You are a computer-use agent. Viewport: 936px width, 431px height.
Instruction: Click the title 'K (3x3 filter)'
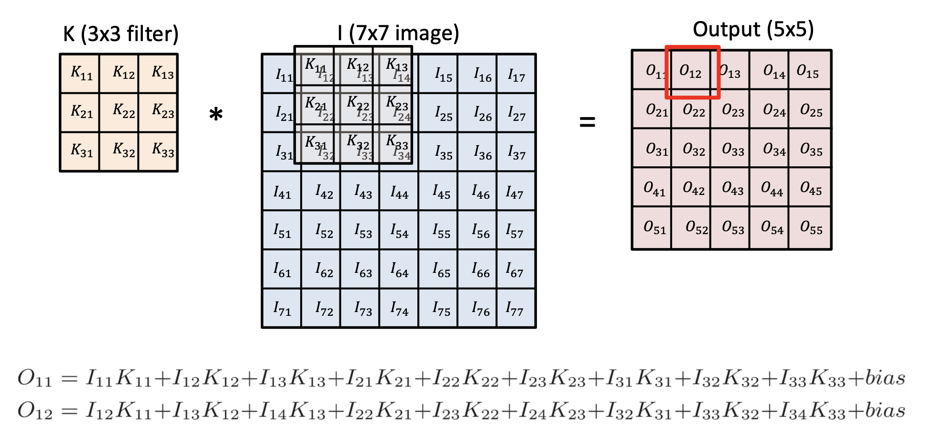120,34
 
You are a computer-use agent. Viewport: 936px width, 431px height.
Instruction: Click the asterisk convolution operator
216,115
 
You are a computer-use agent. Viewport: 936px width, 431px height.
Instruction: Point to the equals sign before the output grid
587,122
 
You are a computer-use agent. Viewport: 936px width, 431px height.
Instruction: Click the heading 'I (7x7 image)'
398,33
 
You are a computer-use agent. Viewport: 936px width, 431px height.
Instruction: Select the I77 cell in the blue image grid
516,309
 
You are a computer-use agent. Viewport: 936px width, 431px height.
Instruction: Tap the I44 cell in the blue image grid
399,192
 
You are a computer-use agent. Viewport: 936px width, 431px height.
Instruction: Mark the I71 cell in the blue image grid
282,309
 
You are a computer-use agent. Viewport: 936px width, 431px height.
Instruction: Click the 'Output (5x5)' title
753,30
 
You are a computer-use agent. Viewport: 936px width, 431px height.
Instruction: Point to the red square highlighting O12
692,72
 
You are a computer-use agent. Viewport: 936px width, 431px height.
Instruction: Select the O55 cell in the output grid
811,228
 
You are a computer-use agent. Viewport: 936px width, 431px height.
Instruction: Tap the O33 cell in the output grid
732,150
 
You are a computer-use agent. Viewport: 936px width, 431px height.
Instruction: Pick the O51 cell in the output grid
654,228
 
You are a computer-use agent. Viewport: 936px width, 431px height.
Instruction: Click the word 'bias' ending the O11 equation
885,378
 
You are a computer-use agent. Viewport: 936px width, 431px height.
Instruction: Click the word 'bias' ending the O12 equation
885,410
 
